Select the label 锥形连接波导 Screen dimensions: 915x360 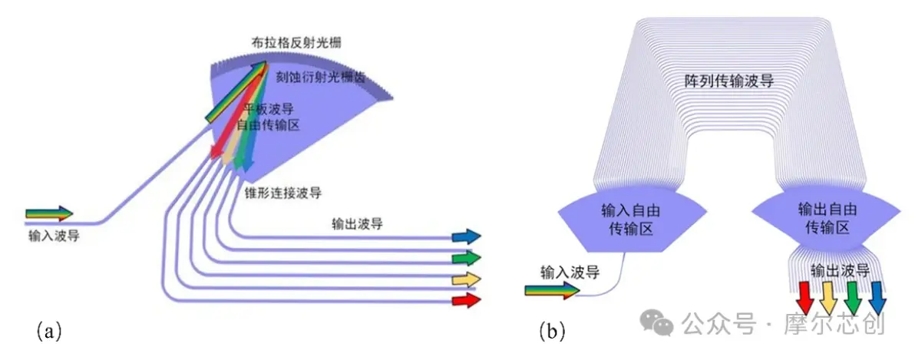(x=283, y=191)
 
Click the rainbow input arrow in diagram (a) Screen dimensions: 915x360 (x=49, y=213)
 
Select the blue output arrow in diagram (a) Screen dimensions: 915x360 (x=467, y=236)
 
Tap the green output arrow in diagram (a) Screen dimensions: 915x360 (x=467, y=257)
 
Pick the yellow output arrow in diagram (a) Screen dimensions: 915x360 (x=467, y=279)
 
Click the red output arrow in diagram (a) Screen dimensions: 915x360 (x=467, y=300)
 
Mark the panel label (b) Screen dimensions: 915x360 (x=552, y=332)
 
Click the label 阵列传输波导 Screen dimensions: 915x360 (x=728, y=81)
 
